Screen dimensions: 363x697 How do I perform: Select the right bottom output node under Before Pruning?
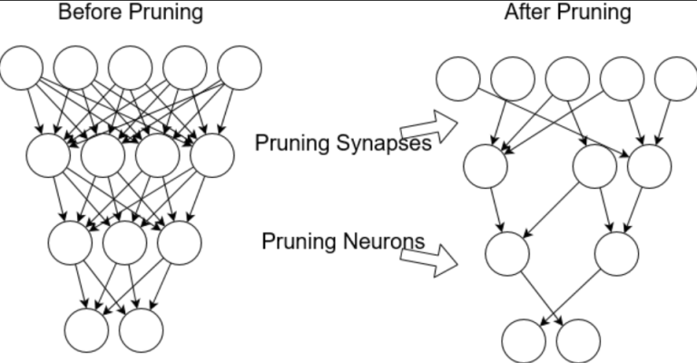[x=142, y=330]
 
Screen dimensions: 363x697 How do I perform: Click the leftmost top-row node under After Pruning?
[x=457, y=79]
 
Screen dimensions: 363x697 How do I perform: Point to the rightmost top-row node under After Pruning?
[x=674, y=79]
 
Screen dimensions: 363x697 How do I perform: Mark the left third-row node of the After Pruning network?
[x=506, y=253]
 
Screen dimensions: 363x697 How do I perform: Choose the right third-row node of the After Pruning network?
[x=616, y=253]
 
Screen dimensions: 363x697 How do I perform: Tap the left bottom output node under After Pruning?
[x=525, y=341]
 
